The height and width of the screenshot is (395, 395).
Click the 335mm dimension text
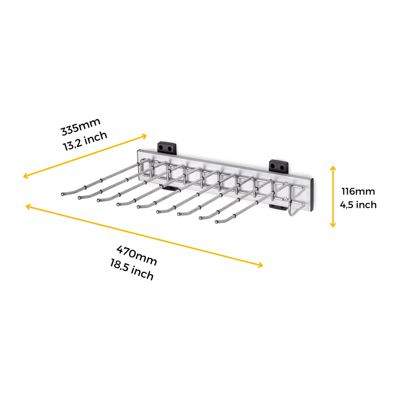[x=81, y=127]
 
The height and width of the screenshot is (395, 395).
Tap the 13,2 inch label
[x=85, y=141]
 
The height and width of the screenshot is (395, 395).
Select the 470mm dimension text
[x=137, y=255]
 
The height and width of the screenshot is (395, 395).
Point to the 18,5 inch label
[x=132, y=270]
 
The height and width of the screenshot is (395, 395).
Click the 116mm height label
[x=358, y=192]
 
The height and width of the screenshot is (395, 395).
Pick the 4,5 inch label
[x=358, y=205]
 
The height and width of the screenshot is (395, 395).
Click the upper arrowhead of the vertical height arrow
[x=333, y=169]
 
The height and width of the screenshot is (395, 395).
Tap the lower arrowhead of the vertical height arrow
[x=333, y=224]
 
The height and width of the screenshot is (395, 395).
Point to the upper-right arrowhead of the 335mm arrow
[x=144, y=136]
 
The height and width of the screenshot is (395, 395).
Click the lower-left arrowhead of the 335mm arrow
[x=26, y=176]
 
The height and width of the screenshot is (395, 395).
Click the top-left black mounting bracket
[x=167, y=147]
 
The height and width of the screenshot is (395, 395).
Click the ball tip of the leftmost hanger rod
[x=62, y=194]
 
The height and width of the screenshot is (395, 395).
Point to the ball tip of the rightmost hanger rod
[x=217, y=222]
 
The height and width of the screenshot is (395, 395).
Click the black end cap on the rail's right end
[x=312, y=195]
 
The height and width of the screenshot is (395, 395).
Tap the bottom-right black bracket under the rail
[x=278, y=207]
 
